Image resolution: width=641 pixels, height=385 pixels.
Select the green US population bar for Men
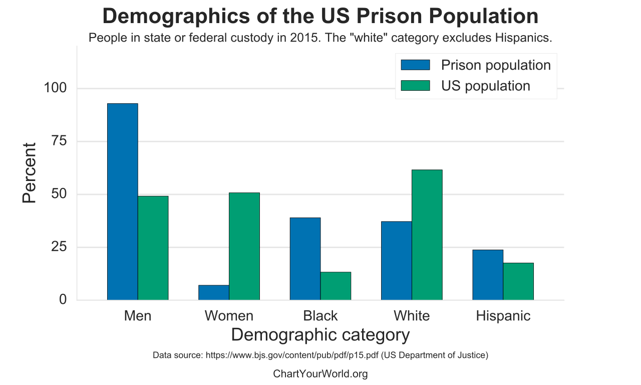point(153,248)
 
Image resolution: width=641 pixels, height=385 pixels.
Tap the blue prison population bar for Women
point(214,293)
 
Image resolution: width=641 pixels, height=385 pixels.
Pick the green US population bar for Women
point(244,246)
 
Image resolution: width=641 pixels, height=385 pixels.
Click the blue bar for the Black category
point(305,259)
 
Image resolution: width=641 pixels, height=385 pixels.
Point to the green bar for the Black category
point(336,286)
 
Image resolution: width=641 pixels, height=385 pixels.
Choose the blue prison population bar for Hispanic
point(488,275)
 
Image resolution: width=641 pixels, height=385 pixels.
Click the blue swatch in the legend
point(415,65)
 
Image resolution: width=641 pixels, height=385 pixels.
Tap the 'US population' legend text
point(485,86)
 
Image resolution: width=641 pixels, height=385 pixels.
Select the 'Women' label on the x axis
point(229,316)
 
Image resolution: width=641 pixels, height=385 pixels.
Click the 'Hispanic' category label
point(503,316)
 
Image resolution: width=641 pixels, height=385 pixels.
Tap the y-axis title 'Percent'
point(30,173)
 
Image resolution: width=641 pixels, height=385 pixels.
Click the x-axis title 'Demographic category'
point(320,334)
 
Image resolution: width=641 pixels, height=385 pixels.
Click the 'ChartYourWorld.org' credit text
point(320,373)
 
